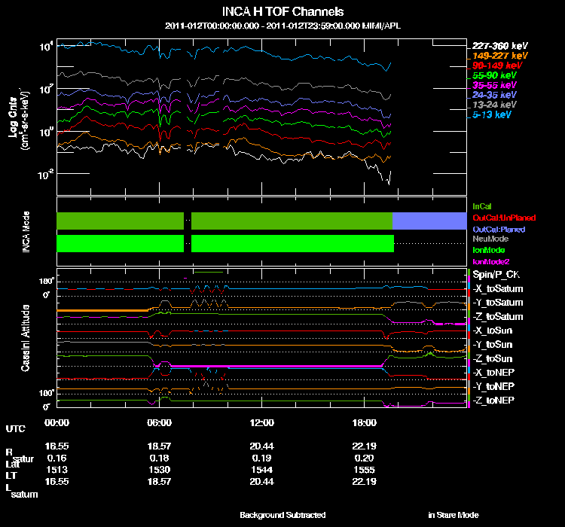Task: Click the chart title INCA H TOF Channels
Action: pyautogui.click(x=282, y=11)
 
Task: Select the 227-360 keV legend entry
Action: pyautogui.click(x=494, y=46)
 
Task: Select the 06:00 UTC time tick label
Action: pyautogui.click(x=160, y=422)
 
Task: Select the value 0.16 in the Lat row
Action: pyautogui.click(x=56, y=458)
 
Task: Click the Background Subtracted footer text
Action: pyautogui.click(x=282, y=515)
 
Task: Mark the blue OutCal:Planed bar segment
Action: pyautogui.click(x=429, y=220)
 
